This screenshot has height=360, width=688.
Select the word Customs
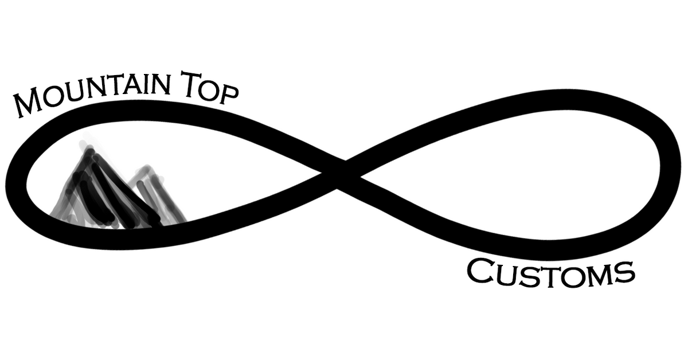coord(551,272)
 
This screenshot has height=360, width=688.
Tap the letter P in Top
coord(229,92)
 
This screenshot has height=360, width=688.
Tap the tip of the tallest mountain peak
coord(89,150)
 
